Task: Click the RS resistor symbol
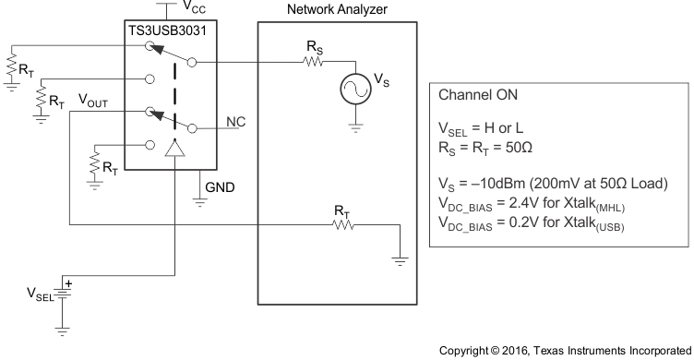click(310, 63)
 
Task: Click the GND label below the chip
click(220, 186)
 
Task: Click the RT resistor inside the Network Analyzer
click(342, 224)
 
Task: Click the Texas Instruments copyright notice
click(564, 349)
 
